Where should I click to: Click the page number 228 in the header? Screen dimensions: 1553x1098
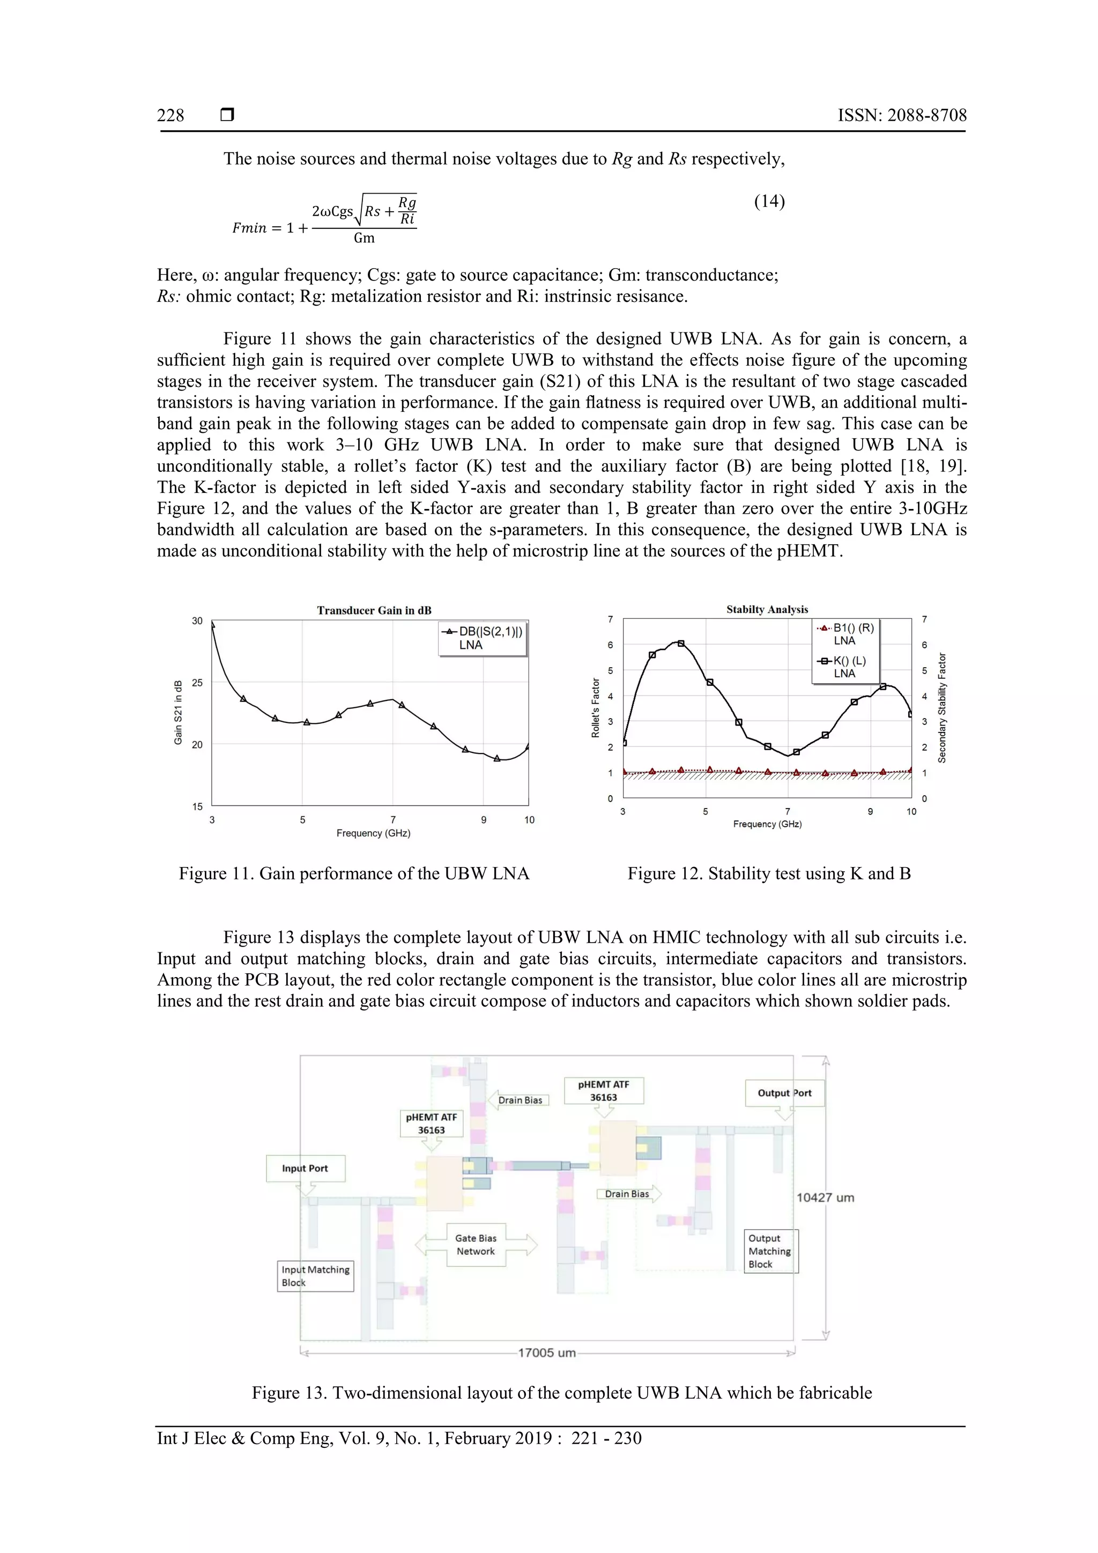tap(170, 116)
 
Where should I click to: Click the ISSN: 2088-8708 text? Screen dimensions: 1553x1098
tap(902, 116)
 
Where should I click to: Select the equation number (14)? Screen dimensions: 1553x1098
tap(769, 202)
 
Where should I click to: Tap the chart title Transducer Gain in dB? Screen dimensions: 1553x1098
tap(374, 610)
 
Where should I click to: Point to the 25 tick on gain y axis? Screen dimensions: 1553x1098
tap(197, 683)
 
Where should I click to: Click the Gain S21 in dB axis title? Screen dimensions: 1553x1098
tap(179, 712)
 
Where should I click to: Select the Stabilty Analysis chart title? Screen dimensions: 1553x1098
tap(767, 609)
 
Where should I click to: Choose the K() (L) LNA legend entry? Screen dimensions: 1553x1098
tap(844, 667)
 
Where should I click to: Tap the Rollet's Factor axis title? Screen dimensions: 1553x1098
tap(596, 707)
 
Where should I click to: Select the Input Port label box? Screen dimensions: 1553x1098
tap(306, 1168)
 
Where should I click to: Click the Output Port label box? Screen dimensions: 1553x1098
tap(784, 1092)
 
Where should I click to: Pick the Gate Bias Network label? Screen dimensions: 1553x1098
tap(476, 1245)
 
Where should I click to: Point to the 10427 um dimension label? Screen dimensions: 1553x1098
tap(825, 1197)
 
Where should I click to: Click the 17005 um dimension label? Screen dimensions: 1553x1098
tap(546, 1353)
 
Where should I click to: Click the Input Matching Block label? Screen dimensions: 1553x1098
tap(315, 1276)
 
